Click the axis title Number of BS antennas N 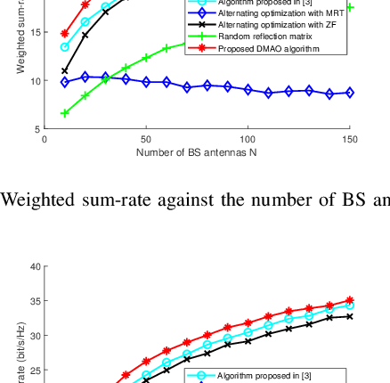(x=197, y=152)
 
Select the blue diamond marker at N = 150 (x=350, y=93)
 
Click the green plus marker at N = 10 (x=65, y=113)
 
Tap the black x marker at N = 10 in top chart (x=65, y=70)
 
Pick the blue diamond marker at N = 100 (x=248, y=90)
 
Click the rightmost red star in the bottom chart (x=350, y=301)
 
